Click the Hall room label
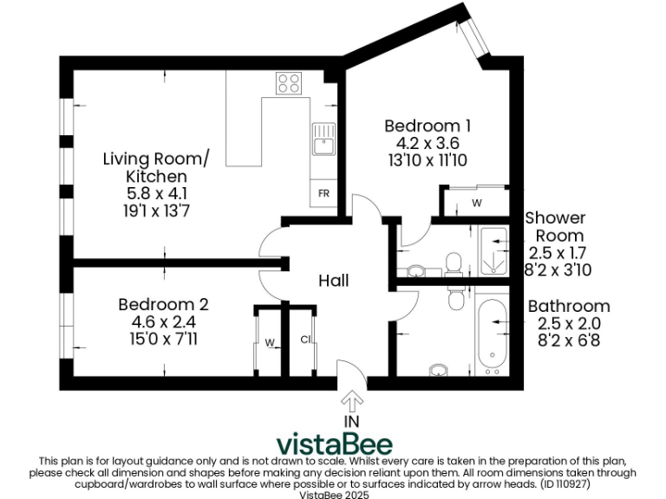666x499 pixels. (334, 281)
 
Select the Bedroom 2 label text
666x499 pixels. (163, 305)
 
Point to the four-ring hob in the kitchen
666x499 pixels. (288, 84)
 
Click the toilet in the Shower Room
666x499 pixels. (452, 262)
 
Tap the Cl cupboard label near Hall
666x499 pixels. (306, 340)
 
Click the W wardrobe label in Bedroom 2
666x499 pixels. (270, 343)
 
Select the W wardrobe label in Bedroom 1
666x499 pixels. (476, 204)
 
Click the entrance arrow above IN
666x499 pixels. (351, 402)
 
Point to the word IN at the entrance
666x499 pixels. (351, 421)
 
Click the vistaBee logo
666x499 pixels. (334, 443)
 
